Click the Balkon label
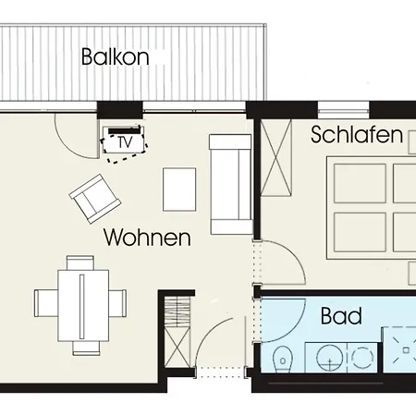pos(116,56)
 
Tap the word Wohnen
pos(147,238)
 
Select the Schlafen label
pos(357,135)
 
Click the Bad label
pos(341,316)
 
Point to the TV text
pos(125,142)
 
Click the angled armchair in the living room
pos(95,199)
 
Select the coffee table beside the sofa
pos(179,190)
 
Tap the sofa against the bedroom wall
pos(231,184)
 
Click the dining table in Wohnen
pos(83,306)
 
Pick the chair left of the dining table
pos(46,303)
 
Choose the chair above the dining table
pos(80,263)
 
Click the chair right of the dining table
pos(117,303)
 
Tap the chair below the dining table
pos(86,349)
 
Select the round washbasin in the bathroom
pos(330,358)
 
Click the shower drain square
pos(406,350)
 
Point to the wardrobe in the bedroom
pos(276,157)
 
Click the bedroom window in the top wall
pos(343,110)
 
